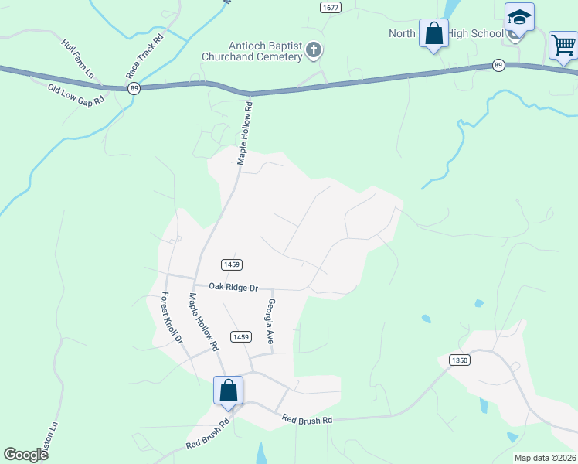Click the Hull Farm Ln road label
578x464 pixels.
pyautogui.click(x=78, y=57)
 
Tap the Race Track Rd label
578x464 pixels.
pyautogui.click(x=146, y=55)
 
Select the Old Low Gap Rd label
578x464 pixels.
pyautogui.click(x=76, y=97)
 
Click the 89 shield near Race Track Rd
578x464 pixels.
pyautogui.click(x=134, y=89)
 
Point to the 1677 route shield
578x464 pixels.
pyautogui.click(x=330, y=7)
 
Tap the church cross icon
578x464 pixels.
pyautogui.click(x=314, y=51)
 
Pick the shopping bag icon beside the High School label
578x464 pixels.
pyautogui.click(x=433, y=34)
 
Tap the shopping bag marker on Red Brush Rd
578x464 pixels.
pyautogui.click(x=229, y=391)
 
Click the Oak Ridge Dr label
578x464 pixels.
pyautogui.click(x=233, y=287)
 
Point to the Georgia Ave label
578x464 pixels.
pyautogui.click(x=270, y=321)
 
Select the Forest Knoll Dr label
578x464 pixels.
pyautogui.click(x=171, y=318)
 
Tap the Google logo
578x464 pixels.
pyautogui.click(x=25, y=455)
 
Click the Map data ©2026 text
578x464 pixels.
pyautogui.click(x=545, y=458)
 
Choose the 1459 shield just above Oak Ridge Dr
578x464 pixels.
pyautogui.click(x=232, y=264)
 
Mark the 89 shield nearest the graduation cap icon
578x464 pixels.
pyautogui.click(x=499, y=66)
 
